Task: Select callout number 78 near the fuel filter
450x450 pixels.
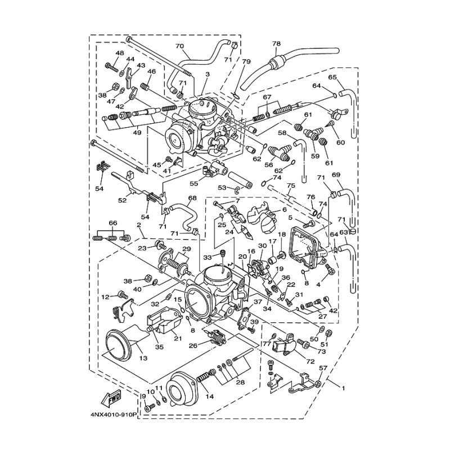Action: pyautogui.click(x=277, y=44)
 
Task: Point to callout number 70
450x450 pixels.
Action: pyautogui.click(x=179, y=46)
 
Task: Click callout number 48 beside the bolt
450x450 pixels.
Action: pyautogui.click(x=120, y=53)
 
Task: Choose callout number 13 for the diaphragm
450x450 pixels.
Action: pyautogui.click(x=143, y=358)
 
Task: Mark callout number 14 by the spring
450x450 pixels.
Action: pyautogui.click(x=210, y=397)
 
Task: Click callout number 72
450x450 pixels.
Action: pyautogui.click(x=311, y=362)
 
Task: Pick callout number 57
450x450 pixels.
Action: pyautogui.click(x=323, y=368)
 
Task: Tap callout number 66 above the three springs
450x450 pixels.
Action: pyautogui.click(x=113, y=223)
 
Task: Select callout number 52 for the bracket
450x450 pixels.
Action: pyautogui.click(x=122, y=200)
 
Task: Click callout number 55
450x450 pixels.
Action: pyautogui.click(x=194, y=183)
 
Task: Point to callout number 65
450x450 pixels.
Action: pyautogui.click(x=332, y=77)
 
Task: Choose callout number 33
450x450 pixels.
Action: pyautogui.click(x=207, y=256)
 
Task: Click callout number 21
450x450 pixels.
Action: pyautogui.click(x=178, y=339)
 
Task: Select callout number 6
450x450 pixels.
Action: pyautogui.click(x=285, y=210)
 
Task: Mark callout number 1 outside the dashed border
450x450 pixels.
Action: pyautogui.click(x=343, y=389)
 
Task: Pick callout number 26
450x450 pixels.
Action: pyautogui.click(x=193, y=346)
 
